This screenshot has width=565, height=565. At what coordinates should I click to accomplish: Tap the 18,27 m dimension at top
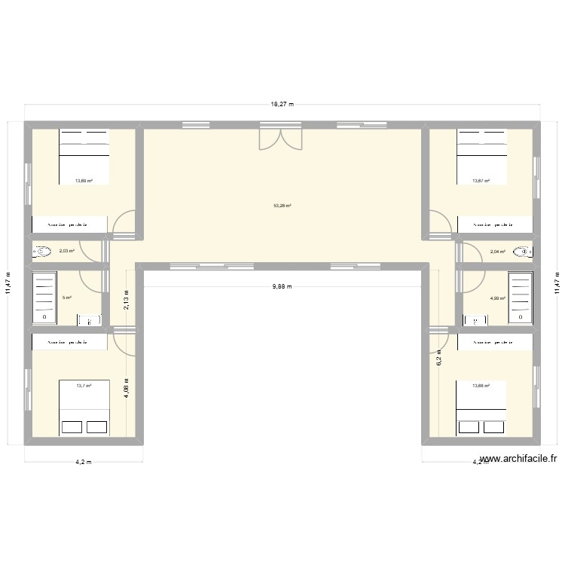pyautogui.click(x=282, y=105)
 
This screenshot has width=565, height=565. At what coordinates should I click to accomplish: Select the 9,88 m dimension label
pyautogui.click(x=282, y=286)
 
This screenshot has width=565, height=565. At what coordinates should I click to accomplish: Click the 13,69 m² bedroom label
pyautogui.click(x=83, y=181)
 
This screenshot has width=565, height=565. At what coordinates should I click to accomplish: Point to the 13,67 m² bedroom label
pyautogui.click(x=481, y=181)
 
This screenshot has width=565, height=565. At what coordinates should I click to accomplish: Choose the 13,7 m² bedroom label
pyautogui.click(x=83, y=386)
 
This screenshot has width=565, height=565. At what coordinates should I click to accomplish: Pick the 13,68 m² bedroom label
pyautogui.click(x=481, y=386)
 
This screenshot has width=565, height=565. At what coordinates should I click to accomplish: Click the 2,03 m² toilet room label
pyautogui.click(x=66, y=251)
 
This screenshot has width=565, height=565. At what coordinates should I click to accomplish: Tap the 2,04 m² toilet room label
pyautogui.click(x=497, y=252)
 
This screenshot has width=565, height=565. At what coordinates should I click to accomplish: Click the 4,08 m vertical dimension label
pyautogui.click(x=127, y=389)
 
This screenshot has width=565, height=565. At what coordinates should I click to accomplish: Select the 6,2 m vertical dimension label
pyautogui.click(x=438, y=360)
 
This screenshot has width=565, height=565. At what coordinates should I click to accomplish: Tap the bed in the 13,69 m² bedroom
pyautogui.click(x=84, y=156)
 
